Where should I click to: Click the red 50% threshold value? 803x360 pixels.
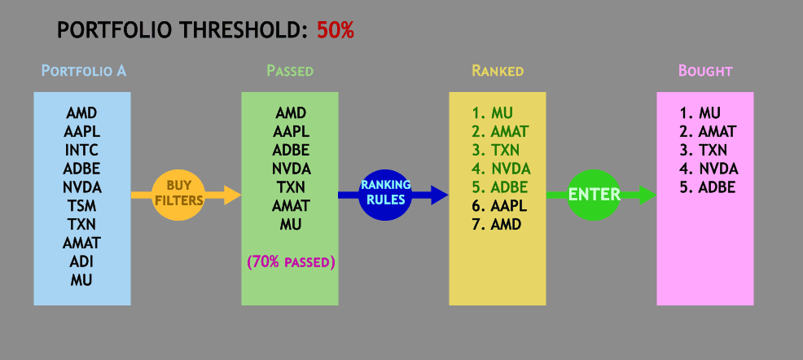pyautogui.click(x=336, y=30)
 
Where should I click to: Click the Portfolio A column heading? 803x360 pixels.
pyautogui.click(x=83, y=71)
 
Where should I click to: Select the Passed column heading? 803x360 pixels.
pyautogui.click(x=290, y=71)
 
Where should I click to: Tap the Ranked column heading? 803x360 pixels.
pyautogui.click(x=498, y=71)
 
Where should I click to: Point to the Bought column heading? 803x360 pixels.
pyautogui.click(x=706, y=71)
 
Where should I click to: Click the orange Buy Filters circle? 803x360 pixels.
pyautogui.click(x=179, y=195)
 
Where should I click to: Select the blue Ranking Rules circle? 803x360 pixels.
pyautogui.click(x=386, y=195)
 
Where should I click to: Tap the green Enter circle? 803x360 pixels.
pyautogui.click(x=594, y=195)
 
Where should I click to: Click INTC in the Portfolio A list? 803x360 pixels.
pyautogui.click(x=82, y=151)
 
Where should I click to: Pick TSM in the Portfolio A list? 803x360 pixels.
pyautogui.click(x=82, y=206)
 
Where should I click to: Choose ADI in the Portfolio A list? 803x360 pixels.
pyautogui.click(x=82, y=261)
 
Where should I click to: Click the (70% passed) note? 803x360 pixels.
pyautogui.click(x=291, y=262)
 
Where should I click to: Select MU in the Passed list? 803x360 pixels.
pyautogui.click(x=291, y=224)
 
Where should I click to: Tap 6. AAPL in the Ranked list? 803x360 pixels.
pyautogui.click(x=499, y=205)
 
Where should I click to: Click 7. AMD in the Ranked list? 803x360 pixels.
pyautogui.click(x=496, y=224)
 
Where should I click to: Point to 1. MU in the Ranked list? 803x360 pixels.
pyautogui.click(x=493, y=112)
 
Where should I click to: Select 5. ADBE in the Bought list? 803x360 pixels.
pyautogui.click(x=708, y=187)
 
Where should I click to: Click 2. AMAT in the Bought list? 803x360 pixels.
pyautogui.click(x=708, y=132)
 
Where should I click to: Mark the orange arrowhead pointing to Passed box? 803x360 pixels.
pyautogui.click(x=232, y=195)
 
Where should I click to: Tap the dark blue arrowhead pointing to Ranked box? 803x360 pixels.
pyautogui.click(x=440, y=195)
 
